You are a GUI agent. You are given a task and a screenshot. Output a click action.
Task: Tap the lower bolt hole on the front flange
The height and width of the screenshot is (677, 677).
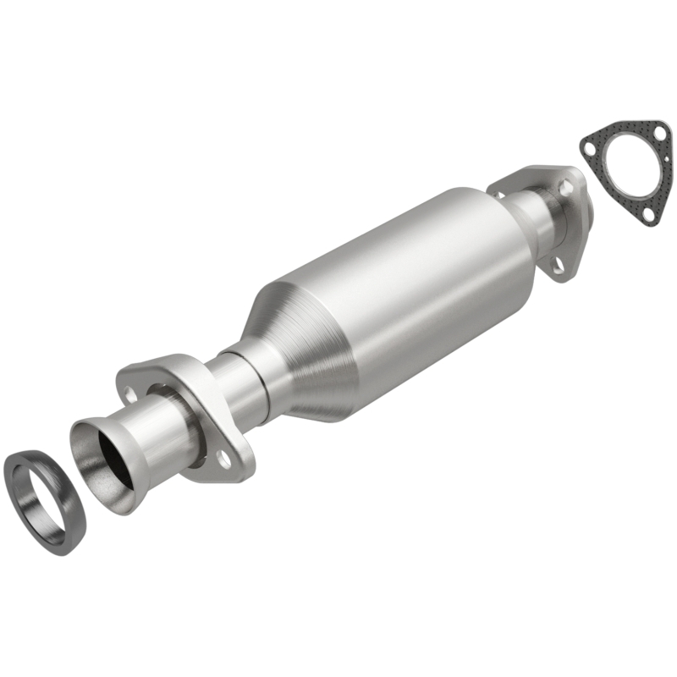(222, 459)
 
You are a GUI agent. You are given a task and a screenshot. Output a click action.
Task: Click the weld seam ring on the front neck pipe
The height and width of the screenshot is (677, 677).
(259, 385)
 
